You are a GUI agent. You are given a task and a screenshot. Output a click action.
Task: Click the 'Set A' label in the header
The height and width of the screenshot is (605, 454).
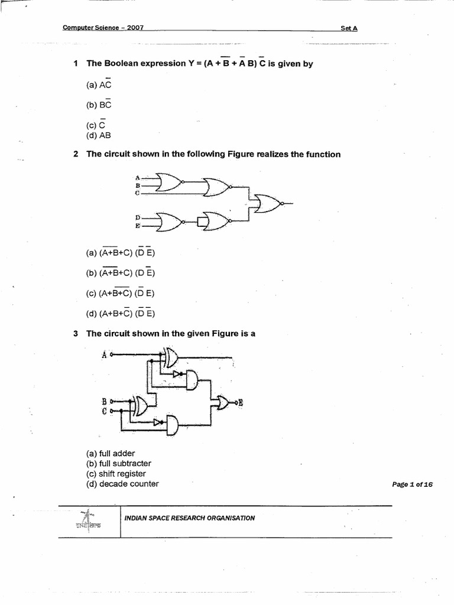[x=349, y=28]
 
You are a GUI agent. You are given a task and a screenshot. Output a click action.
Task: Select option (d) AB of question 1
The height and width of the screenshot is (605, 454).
[x=99, y=135]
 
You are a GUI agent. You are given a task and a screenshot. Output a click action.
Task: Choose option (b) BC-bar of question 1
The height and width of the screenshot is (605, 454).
[x=99, y=105]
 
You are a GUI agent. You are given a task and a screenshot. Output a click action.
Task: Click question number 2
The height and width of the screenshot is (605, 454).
[x=76, y=154]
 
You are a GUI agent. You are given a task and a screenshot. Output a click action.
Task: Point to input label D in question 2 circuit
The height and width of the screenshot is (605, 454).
[x=137, y=217]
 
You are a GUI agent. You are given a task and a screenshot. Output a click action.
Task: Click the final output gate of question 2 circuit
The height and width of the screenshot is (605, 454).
[x=268, y=203]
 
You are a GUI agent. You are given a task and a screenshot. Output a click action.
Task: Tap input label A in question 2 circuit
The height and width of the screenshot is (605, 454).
[x=137, y=177]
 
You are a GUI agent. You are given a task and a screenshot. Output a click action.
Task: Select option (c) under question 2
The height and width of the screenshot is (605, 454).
[x=121, y=293]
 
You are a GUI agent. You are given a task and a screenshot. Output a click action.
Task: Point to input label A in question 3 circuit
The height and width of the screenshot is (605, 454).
[x=104, y=354]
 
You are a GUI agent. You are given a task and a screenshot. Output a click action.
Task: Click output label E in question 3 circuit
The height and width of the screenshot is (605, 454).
[x=241, y=403]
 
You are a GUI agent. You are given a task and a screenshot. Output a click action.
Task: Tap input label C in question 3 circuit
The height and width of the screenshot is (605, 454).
[x=104, y=411]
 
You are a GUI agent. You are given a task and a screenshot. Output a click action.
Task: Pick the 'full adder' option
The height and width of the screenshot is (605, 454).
[x=111, y=453]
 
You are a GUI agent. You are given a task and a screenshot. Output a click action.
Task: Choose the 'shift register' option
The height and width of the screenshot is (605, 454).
[x=116, y=474]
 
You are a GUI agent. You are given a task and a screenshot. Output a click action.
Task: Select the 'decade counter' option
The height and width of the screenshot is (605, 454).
[x=122, y=484]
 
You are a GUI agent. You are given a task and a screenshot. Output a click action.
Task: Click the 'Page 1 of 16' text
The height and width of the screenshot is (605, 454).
[x=412, y=484]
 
